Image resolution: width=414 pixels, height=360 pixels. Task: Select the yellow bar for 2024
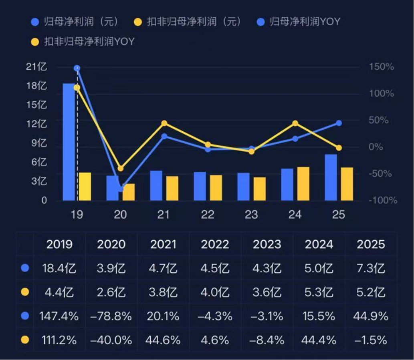point(303,183)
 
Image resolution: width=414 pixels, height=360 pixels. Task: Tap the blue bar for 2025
point(331,177)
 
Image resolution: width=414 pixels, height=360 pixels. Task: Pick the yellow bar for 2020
point(129,192)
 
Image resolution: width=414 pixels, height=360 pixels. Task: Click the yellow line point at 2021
point(164,123)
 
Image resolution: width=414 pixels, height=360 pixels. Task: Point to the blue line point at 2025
point(339,123)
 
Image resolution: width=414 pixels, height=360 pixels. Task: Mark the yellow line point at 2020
point(121,168)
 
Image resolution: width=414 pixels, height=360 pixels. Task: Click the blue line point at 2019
point(77,68)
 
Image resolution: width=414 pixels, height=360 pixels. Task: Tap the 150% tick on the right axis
point(381,67)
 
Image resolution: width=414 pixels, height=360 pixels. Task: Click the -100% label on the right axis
point(382,200)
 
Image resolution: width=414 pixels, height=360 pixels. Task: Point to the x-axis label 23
point(251,215)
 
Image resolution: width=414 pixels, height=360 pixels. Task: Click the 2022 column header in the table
point(215,244)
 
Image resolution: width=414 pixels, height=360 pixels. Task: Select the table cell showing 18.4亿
point(59,268)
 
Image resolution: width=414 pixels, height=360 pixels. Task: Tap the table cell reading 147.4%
point(59,316)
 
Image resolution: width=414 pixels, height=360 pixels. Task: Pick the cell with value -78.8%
point(111,316)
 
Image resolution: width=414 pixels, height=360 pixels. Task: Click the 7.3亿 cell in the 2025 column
point(371,268)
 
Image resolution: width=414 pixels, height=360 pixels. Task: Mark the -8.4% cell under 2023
point(267,340)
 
